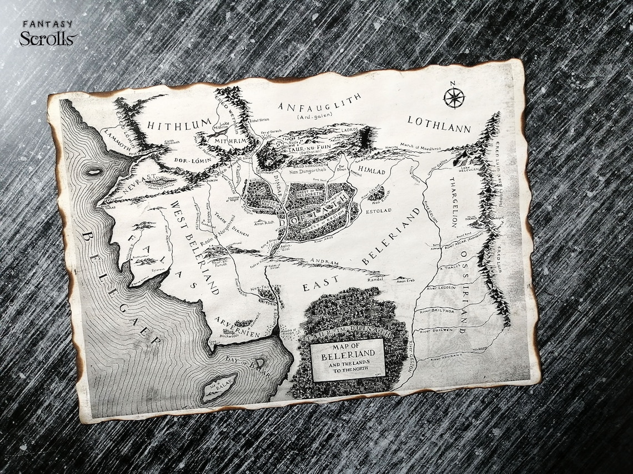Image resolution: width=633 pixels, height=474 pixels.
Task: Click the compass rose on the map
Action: [454, 98]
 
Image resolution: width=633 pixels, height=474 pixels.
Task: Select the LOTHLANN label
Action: [439, 124]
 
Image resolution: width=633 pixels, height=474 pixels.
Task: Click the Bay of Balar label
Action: [248, 366]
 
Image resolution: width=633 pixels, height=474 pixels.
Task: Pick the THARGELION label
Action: [453, 203]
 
